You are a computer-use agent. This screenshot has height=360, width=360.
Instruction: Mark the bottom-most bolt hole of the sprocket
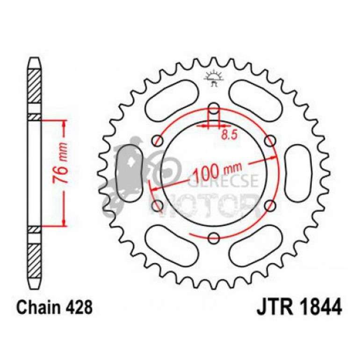pyautogui.click(x=214, y=238)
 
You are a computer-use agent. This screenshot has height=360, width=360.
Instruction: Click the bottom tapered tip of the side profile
pyautogui.click(x=35, y=282)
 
